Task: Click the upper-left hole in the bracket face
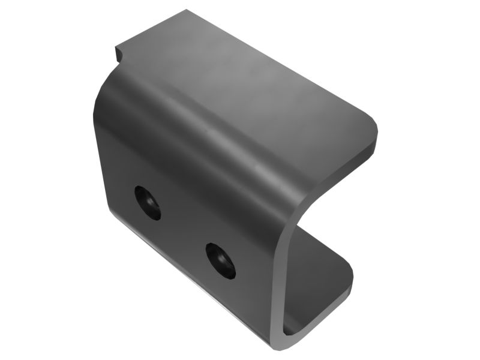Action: click(147, 202)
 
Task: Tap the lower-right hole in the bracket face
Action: click(220, 260)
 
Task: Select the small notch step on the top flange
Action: click(118, 53)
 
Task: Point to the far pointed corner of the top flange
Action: click(187, 10)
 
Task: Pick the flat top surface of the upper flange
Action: click(252, 78)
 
